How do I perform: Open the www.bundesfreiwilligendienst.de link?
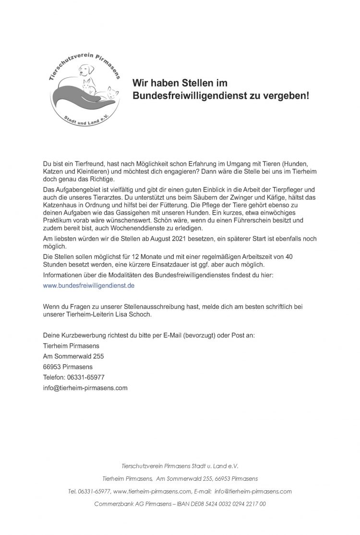(88, 285)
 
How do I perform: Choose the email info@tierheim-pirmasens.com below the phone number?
(85, 388)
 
